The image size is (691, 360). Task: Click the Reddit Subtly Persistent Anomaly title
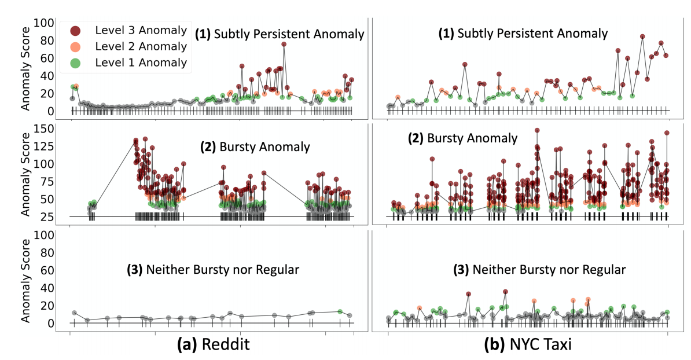click(x=279, y=34)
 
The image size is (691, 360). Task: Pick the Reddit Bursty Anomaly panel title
click(x=255, y=147)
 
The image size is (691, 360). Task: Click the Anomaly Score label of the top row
click(x=25, y=68)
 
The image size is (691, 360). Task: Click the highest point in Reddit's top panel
click(x=284, y=44)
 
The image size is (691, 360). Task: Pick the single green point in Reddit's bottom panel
click(x=340, y=312)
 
